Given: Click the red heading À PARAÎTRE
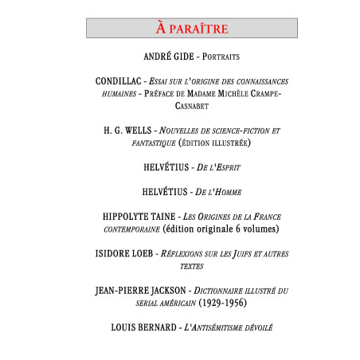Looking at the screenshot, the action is coord(191,29).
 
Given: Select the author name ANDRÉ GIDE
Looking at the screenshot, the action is coord(167,57).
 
